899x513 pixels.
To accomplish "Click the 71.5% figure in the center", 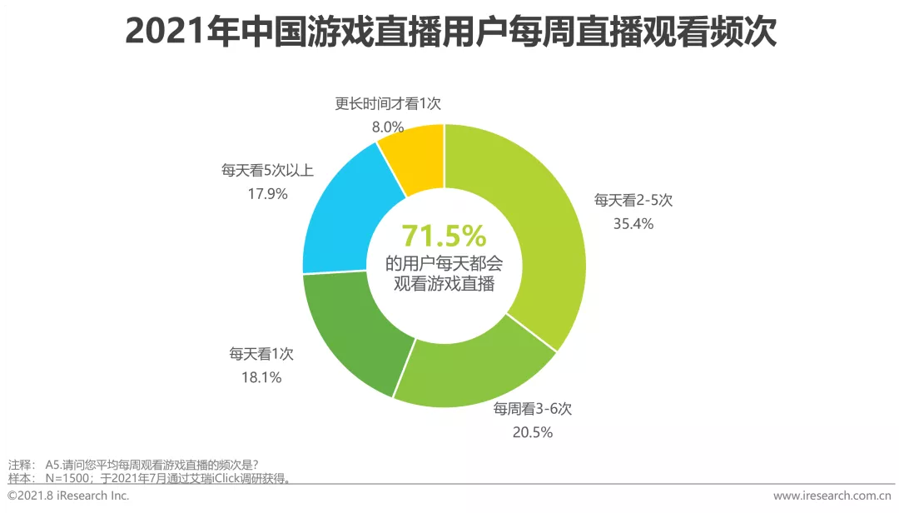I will [x=444, y=237].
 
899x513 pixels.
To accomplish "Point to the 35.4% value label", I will [x=633, y=223].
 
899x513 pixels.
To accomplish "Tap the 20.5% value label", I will [x=533, y=431].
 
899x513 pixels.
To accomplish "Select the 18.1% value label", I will [x=261, y=377].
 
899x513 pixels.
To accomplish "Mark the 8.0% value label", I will [x=387, y=127].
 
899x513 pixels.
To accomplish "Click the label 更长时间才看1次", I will [x=388, y=104].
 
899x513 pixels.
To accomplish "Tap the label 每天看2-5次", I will [x=633, y=201].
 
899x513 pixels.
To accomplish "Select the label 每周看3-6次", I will [x=533, y=409].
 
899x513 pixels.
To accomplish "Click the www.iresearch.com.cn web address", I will [x=832, y=496].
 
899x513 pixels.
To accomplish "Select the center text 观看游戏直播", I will [x=444, y=284].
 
